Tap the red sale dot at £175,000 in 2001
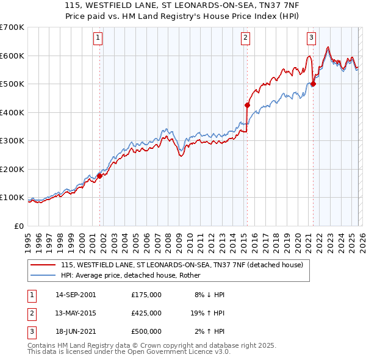[x=99, y=176]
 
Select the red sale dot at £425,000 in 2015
[x=247, y=105]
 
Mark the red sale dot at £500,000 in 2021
[x=313, y=84]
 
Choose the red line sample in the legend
[x=43, y=265]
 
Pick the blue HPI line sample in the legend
[x=43, y=275]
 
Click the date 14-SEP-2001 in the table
[x=76, y=295]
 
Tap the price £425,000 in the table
[x=146, y=313]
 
